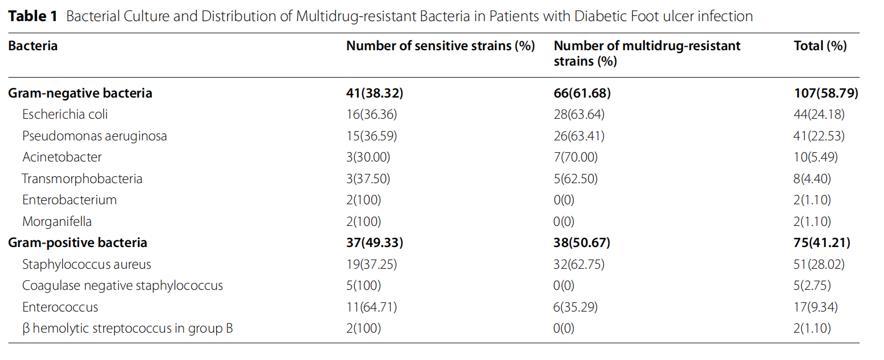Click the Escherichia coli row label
[65, 114]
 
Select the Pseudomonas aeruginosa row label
[95, 136]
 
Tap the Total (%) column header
[820, 46]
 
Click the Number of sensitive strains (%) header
[440, 46]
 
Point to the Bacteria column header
[33, 46]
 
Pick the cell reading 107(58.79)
[822, 93]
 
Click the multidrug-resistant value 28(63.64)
[579, 114]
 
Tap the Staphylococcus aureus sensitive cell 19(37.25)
[371, 264]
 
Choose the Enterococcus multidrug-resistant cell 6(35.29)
[576, 307]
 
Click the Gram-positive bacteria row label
[78, 243]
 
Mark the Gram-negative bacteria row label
[80, 93]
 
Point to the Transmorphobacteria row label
[82, 179]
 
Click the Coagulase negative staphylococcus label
[123, 285]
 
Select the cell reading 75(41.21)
[818, 243]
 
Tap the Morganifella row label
[57, 221]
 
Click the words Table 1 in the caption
[33, 16]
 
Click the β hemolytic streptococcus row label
[128, 329]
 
